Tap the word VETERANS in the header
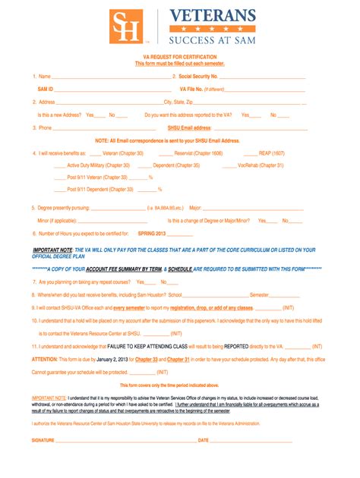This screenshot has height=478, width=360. point(212,15)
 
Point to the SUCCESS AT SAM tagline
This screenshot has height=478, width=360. point(212,39)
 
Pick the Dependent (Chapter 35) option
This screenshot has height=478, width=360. point(176,165)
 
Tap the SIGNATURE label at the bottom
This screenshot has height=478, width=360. point(43,440)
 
